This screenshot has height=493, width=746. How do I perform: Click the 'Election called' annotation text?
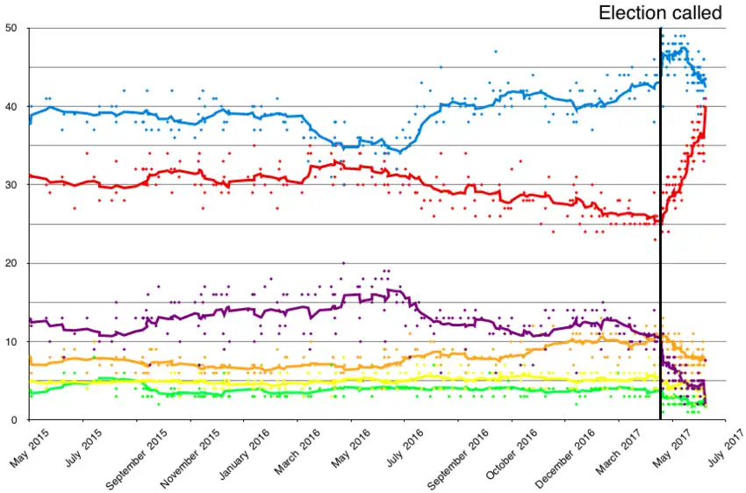(x=660, y=13)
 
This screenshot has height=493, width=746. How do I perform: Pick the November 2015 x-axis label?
(x=192, y=456)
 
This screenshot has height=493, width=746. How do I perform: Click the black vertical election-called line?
(x=660, y=219)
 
